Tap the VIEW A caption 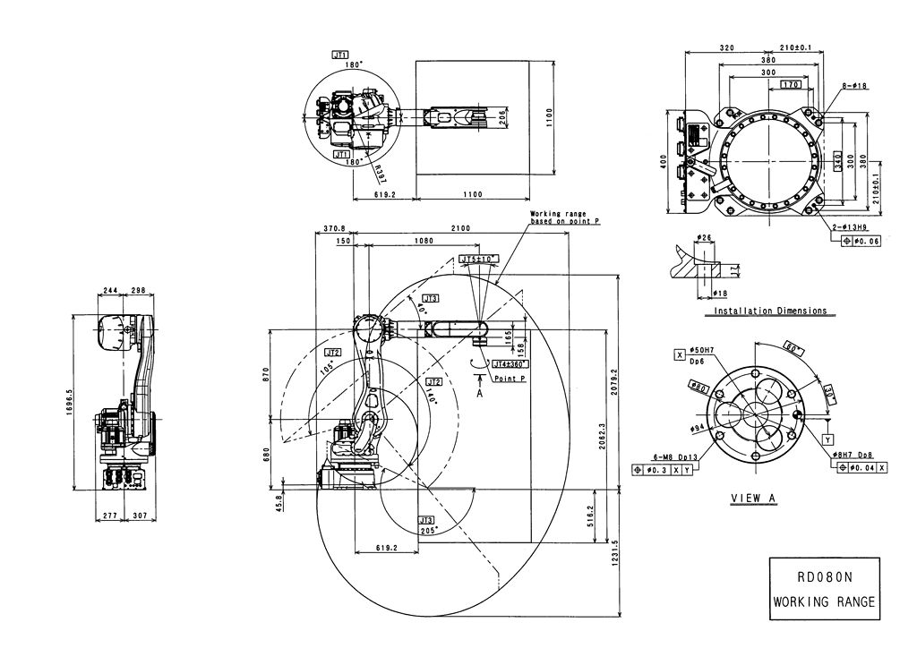point(754,499)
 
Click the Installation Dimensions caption point(770,311)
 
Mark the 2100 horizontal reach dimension point(460,229)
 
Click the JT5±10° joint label point(478,260)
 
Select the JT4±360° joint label point(511,364)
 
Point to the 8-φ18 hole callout point(854,86)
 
